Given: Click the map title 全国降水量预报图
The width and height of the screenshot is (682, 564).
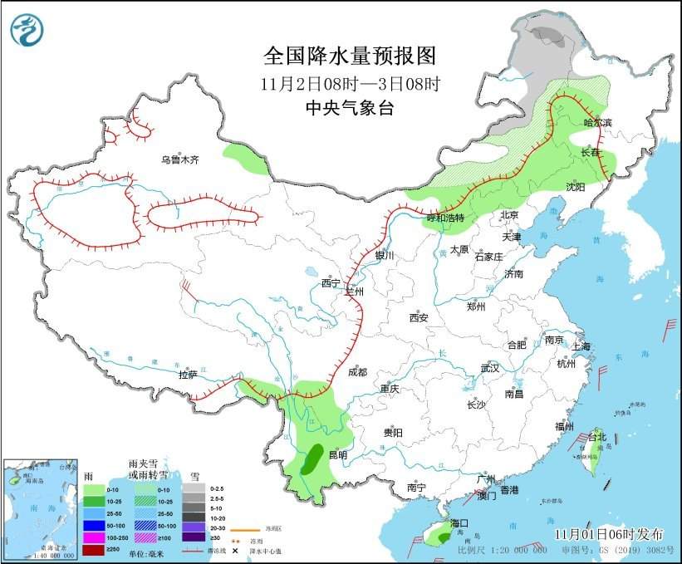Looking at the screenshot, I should (349, 56).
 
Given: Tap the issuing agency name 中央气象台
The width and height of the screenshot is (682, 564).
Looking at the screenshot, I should (349, 108).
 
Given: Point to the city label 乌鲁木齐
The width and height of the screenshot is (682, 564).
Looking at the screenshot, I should (180, 159).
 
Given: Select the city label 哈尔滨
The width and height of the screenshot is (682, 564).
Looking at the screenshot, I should (596, 122).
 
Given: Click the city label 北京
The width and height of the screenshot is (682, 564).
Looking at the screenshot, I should (509, 215).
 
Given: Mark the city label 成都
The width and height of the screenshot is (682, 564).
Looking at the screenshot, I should (357, 372).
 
